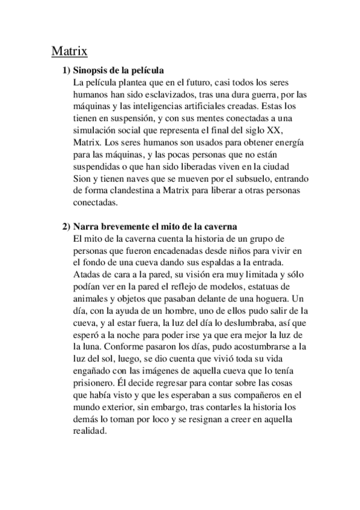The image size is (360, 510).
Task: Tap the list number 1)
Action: (68, 71)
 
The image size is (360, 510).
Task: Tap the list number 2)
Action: (68, 227)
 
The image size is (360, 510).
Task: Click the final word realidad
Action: (88, 435)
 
